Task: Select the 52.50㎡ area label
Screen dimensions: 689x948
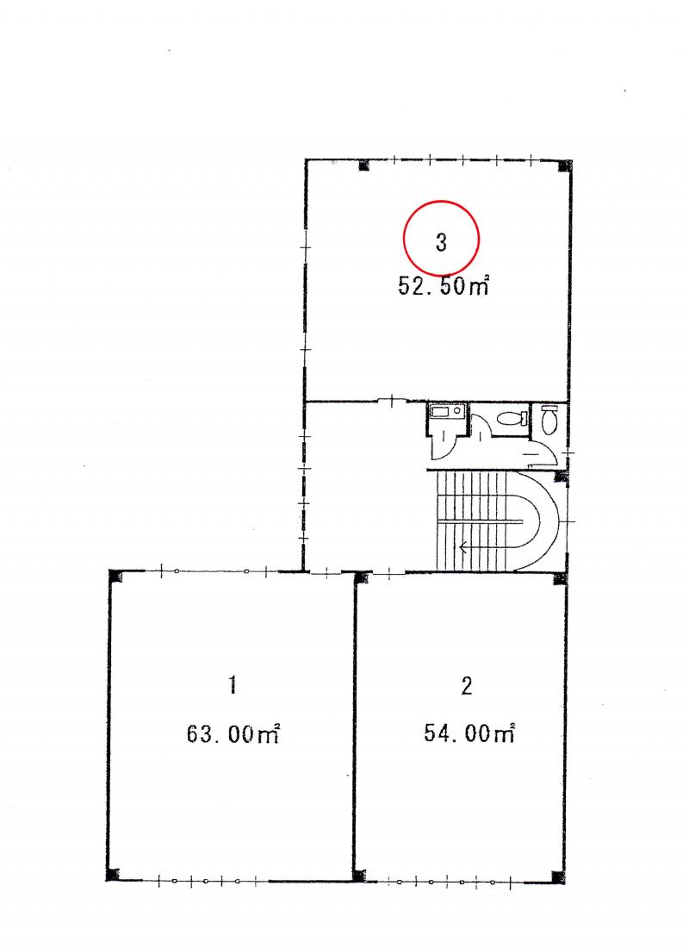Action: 443,285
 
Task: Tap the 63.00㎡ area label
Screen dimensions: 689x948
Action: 233,733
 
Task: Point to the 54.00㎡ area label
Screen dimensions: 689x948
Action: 469,733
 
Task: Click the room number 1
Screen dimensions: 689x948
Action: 233,686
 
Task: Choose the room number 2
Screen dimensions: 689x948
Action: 467,686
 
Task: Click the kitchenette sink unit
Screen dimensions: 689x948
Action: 447,412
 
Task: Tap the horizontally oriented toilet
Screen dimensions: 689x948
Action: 512,418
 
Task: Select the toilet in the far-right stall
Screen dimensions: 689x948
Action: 549,420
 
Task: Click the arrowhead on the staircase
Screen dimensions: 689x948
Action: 463,548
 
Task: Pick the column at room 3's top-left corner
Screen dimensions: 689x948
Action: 363,165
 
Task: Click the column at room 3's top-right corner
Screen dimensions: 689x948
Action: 564,165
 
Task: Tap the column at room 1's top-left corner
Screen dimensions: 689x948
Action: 115,576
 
